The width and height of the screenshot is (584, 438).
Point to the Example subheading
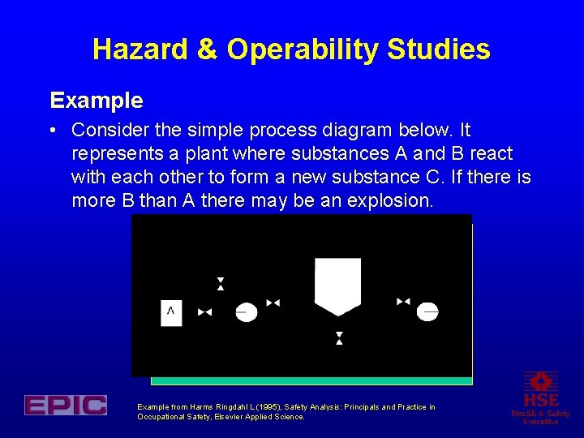pyautogui.click(x=96, y=101)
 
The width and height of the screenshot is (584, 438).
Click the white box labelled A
pyautogui.click(x=171, y=311)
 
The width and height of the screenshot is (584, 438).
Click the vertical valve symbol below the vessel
pyautogui.click(x=339, y=338)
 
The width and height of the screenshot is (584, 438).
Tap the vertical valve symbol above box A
pyautogui.click(x=220, y=284)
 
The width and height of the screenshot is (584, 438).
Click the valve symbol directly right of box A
pyautogui.click(x=204, y=312)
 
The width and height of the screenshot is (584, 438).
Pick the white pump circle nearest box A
pyautogui.click(x=247, y=311)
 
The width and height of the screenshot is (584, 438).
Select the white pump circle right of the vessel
pyautogui.click(x=427, y=311)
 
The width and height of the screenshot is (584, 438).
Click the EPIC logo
pyautogui.click(x=65, y=405)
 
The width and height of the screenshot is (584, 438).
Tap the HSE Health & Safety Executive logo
pyautogui.click(x=540, y=398)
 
